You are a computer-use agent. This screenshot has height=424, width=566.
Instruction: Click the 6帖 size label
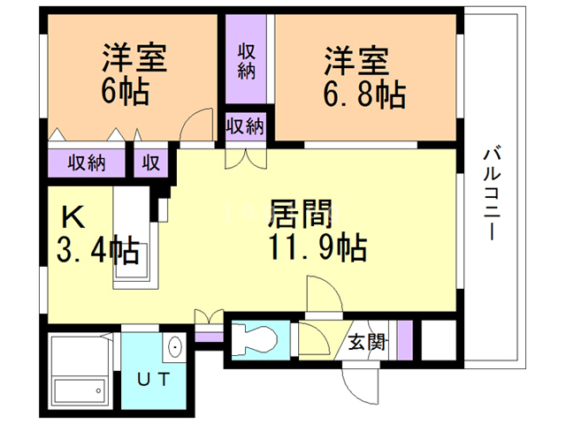pos(125,92)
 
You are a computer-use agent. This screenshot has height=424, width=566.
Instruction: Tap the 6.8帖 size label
pos(364,95)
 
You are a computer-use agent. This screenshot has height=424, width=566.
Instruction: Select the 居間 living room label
pos(301,214)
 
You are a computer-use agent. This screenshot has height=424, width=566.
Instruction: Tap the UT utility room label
pos(153,379)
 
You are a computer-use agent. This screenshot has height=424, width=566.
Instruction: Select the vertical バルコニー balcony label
pos(492,193)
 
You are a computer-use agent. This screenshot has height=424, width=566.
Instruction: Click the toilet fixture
pos(254,339)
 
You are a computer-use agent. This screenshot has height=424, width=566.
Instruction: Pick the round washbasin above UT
pos(174,346)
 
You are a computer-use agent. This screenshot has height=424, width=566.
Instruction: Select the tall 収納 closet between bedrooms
pos(246,59)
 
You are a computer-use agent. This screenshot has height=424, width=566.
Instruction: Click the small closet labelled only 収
pos(151,163)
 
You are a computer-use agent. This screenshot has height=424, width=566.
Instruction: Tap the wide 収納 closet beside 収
pos(87,163)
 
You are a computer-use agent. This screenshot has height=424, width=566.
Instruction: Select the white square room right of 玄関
pos(439,339)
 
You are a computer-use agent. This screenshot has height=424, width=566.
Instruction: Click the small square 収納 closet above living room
pos(246,126)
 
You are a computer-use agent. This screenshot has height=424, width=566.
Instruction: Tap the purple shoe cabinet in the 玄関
pos(405,339)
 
